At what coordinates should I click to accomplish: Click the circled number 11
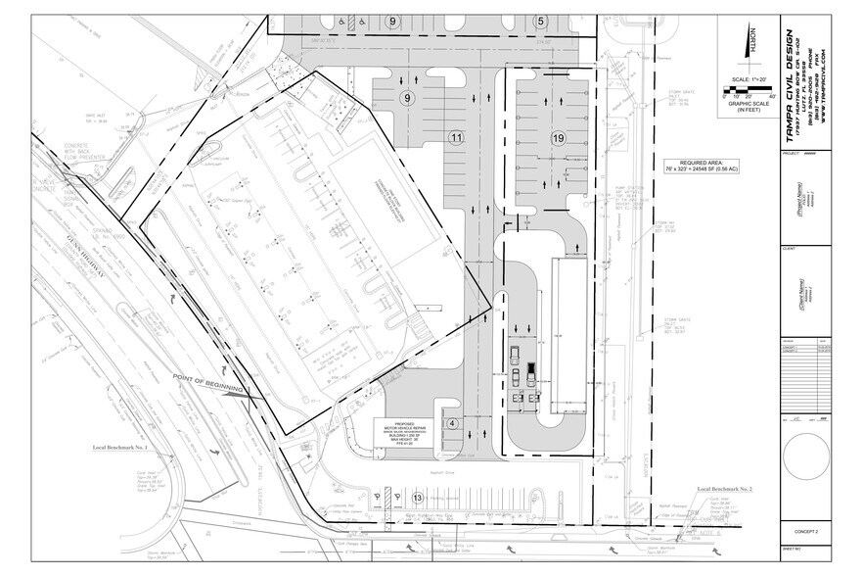(x=455, y=138)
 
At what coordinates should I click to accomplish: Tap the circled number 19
(x=559, y=138)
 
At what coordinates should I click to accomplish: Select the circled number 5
(x=540, y=21)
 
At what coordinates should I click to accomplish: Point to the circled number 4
(x=452, y=423)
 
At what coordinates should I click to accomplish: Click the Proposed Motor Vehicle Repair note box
(x=404, y=433)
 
